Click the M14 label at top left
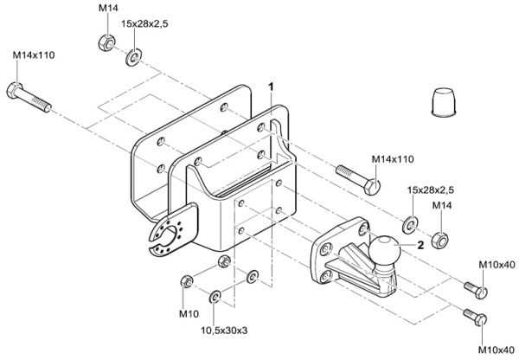click(x=108, y=7)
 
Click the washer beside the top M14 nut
click(x=134, y=59)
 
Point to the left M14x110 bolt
click(x=29, y=97)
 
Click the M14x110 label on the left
click(x=34, y=55)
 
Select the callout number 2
click(x=420, y=245)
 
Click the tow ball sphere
click(x=385, y=253)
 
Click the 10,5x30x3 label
click(x=225, y=329)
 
